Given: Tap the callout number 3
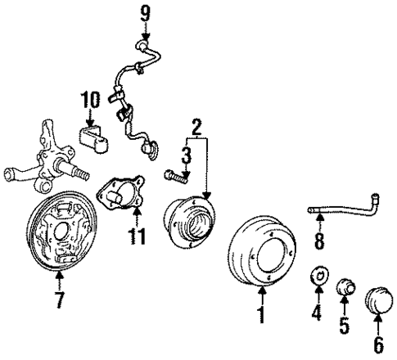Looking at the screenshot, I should [x=186, y=154].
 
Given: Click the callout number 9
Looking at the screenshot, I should [x=145, y=14].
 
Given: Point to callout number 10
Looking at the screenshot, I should [x=90, y=101].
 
